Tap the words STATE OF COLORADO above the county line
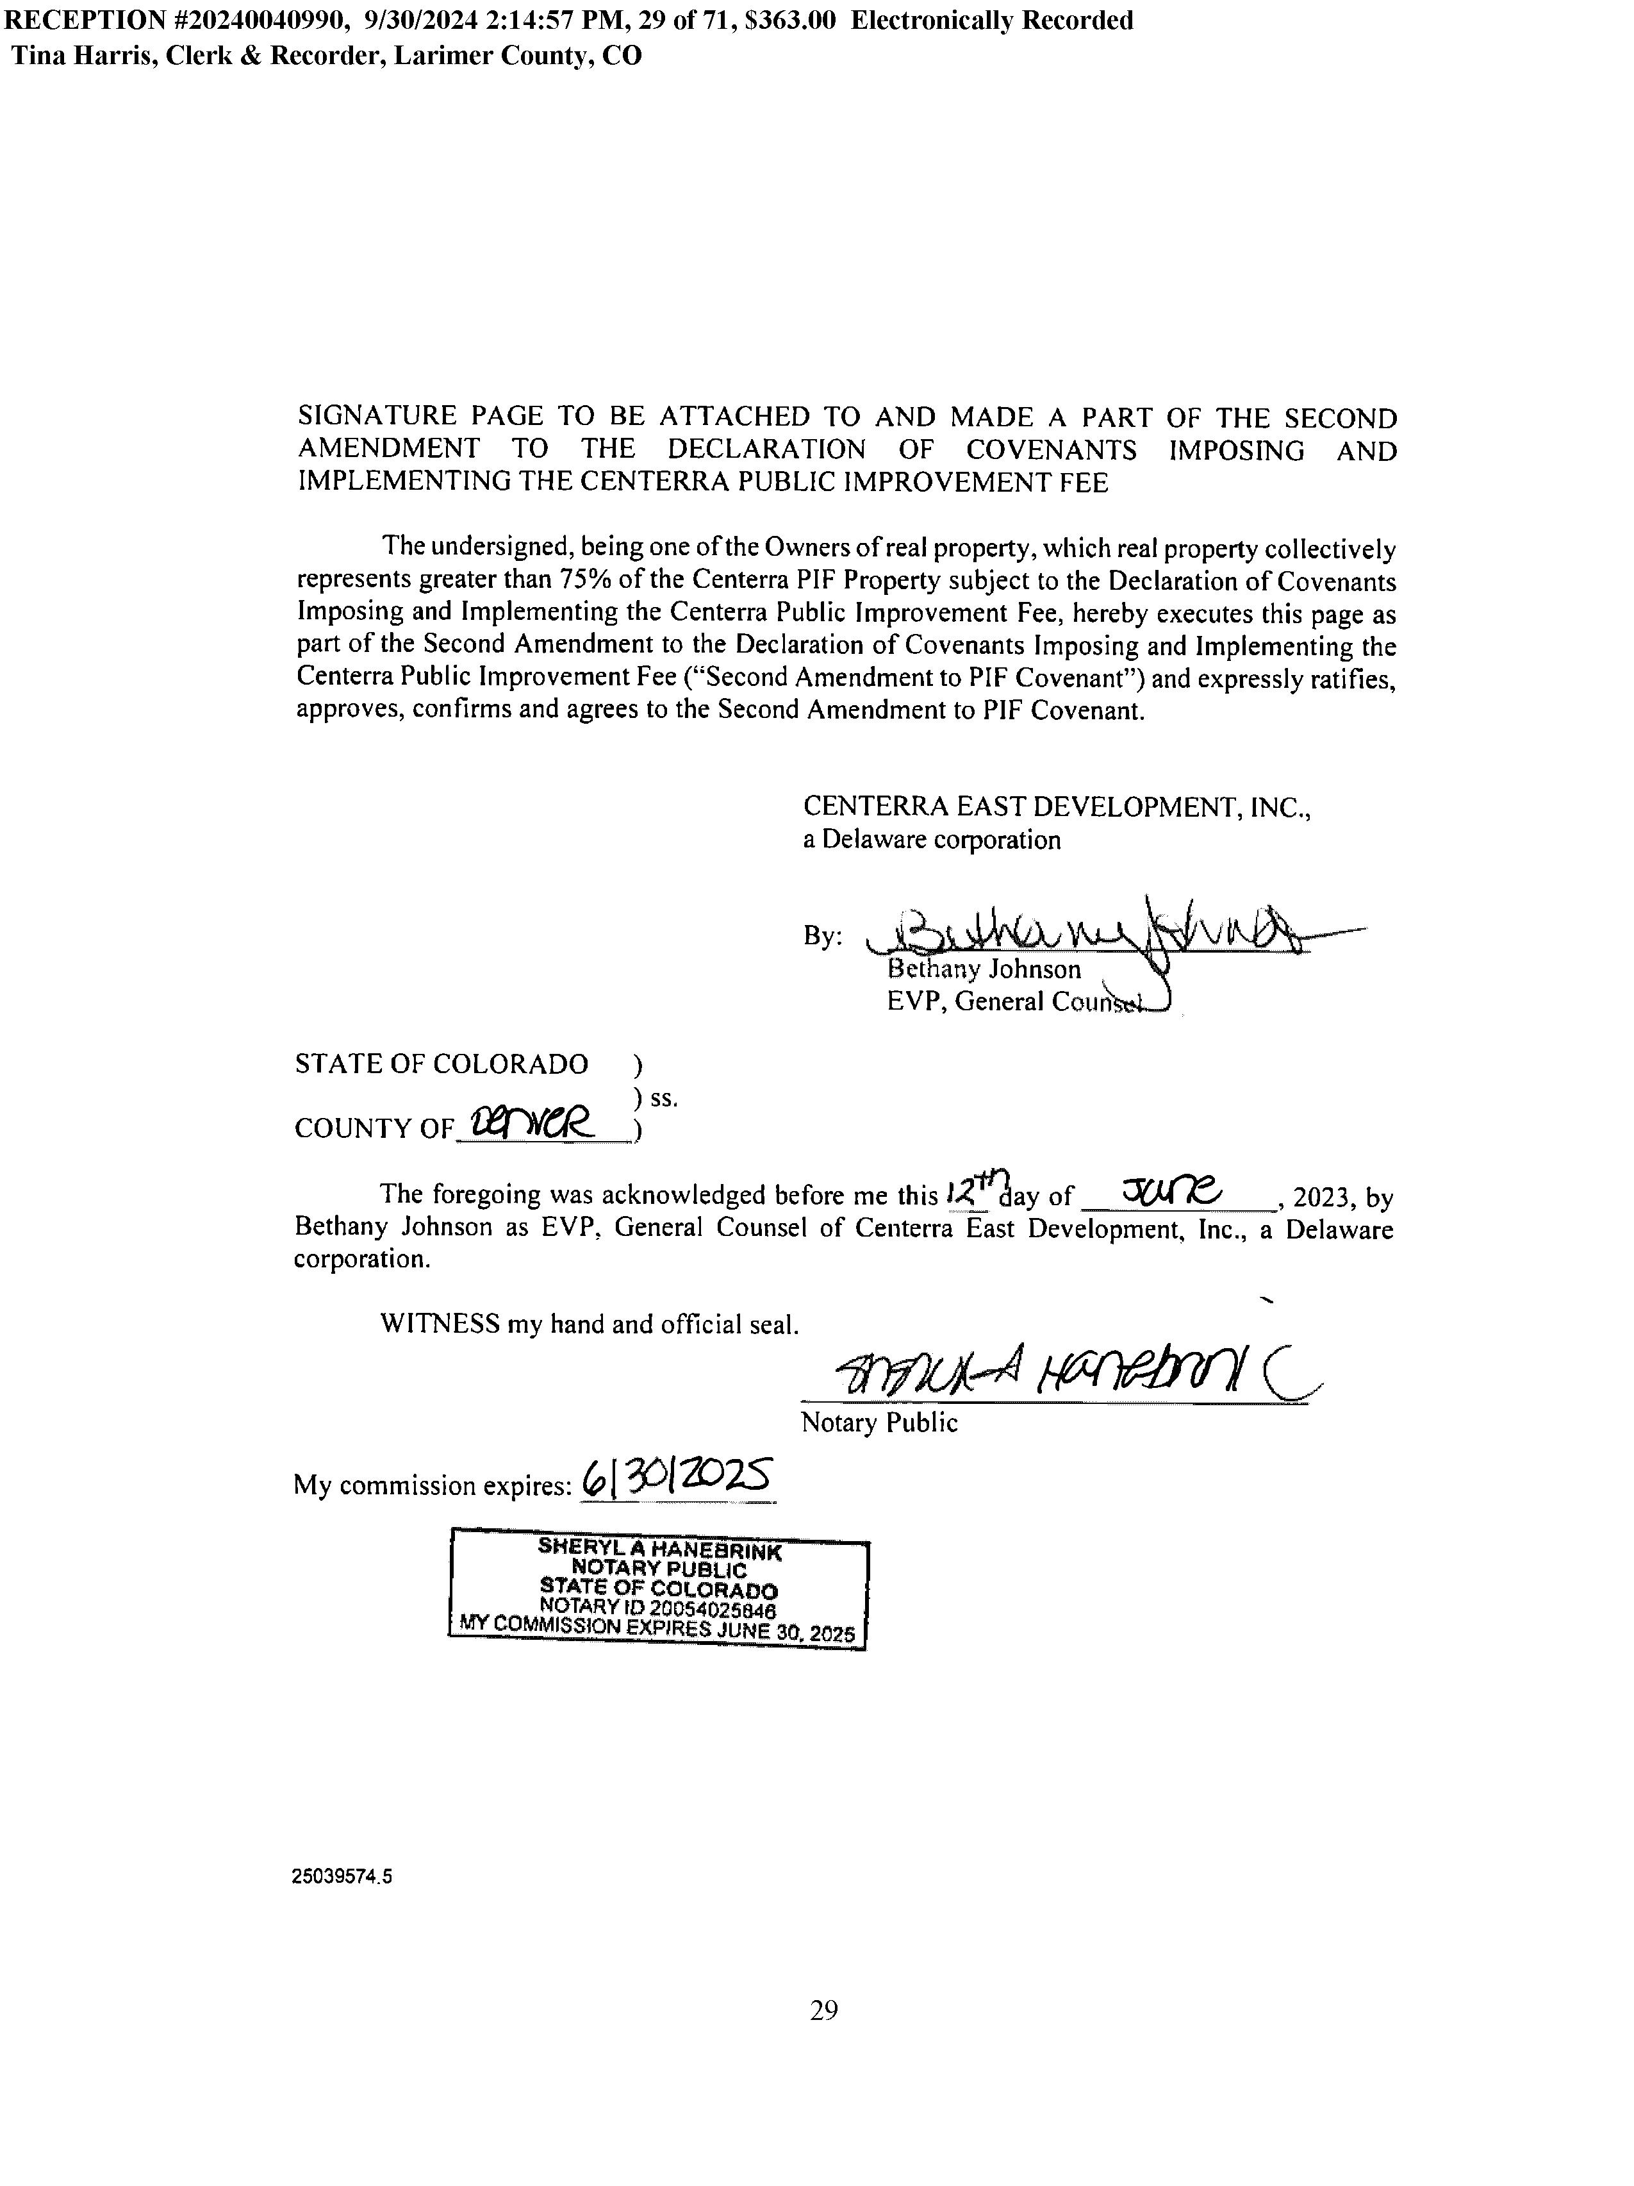point(441,1064)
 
